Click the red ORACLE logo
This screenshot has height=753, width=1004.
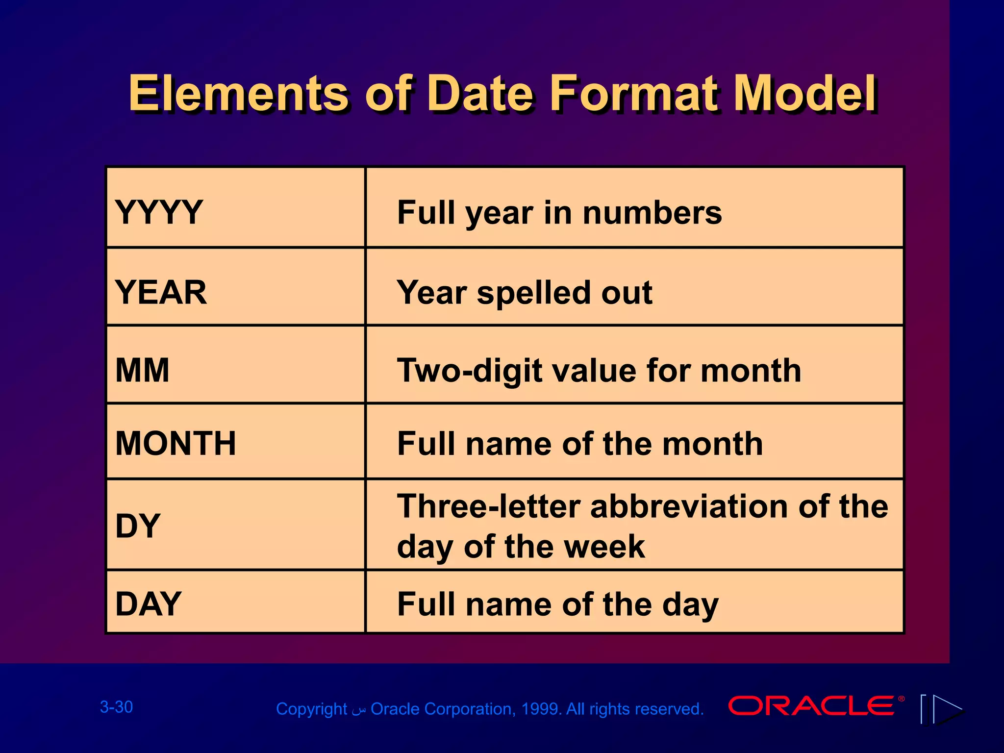[811, 705]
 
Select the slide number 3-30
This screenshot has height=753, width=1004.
[116, 707]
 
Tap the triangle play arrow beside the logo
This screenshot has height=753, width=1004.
[947, 709]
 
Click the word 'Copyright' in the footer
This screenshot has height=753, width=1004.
[311, 709]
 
